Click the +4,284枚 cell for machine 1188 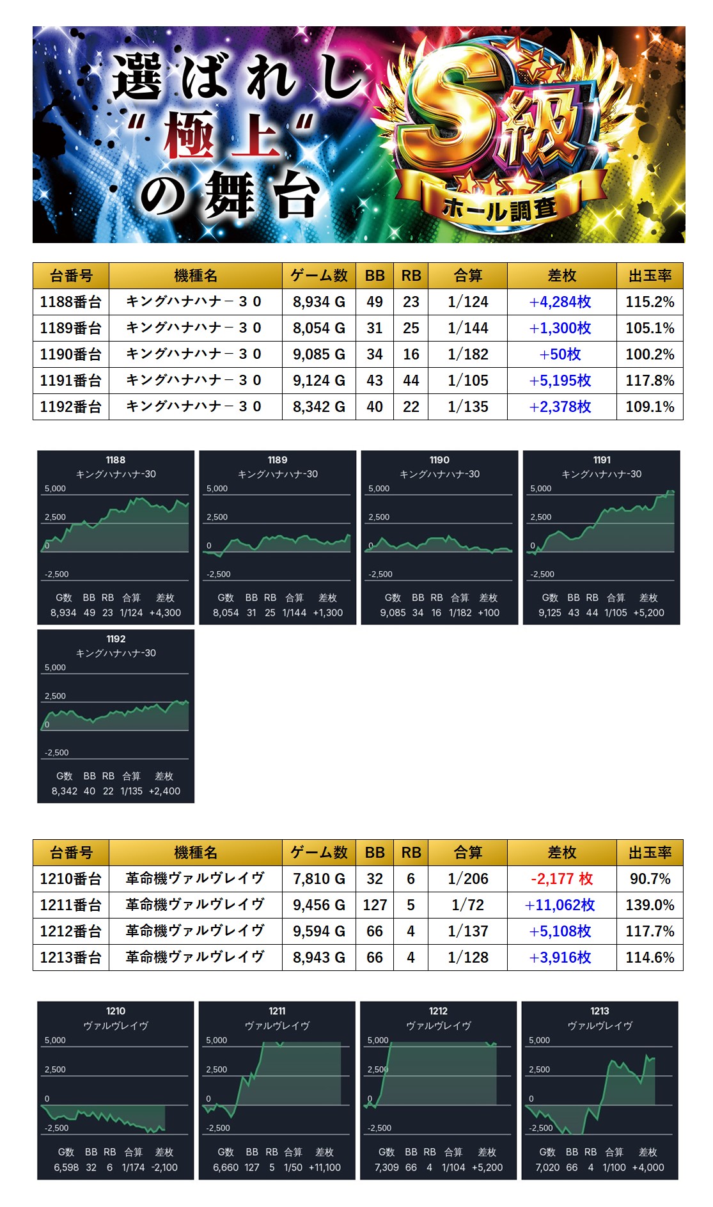coord(561,302)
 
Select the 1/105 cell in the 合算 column coord(467,381)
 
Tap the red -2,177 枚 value coord(561,879)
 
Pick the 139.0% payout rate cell coord(650,905)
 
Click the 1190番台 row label coord(71,354)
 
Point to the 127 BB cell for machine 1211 coord(375,905)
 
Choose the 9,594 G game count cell coord(318,931)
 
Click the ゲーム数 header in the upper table coord(318,276)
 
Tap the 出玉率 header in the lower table coord(650,853)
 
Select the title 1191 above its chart coord(602,460)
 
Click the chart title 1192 coord(116,639)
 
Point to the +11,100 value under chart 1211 coord(325,1167)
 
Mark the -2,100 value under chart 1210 coord(164,1167)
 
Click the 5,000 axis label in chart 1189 coord(217,489)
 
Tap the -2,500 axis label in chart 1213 coord(541,1128)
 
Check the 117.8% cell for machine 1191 coord(650,381)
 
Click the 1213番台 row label coord(71,958)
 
